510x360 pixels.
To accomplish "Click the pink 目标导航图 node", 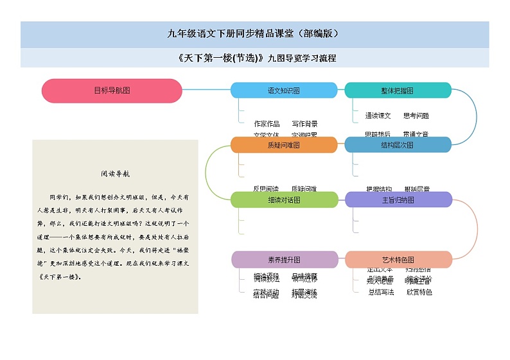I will tap(112, 90).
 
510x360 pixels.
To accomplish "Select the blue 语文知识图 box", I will tap(283, 90).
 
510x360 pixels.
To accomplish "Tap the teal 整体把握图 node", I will tap(397, 90).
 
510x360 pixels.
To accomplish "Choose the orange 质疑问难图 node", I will tap(283, 145).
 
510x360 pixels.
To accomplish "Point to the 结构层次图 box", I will tap(397, 145).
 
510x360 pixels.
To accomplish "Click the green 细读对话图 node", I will tap(283, 200).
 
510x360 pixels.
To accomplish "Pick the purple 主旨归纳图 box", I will tap(398, 200).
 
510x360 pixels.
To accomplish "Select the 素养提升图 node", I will tap(283, 260).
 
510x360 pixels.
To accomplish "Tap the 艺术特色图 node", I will tap(398, 260).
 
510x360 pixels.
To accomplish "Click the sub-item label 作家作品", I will tap(267, 124).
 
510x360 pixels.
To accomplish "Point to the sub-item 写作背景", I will tap(304, 124).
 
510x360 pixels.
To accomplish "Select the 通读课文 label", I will tap(378, 116).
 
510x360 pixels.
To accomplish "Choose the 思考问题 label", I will tap(416, 116).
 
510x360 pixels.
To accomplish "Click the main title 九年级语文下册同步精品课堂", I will tap(254, 34).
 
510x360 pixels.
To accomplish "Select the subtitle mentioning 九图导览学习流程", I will tap(254, 58).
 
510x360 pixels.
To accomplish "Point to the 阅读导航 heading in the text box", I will tap(115, 173).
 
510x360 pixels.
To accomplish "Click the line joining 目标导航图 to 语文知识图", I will tap(206, 90).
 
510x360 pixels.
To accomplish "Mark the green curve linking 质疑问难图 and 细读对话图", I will tap(206, 172).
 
